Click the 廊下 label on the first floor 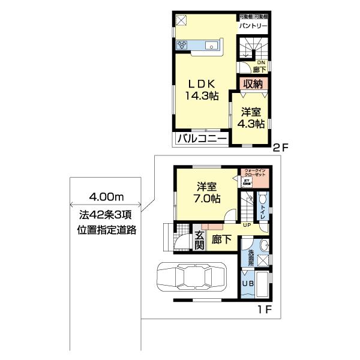pyautogui.click(x=223, y=239)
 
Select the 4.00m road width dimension pyautogui.click(x=106, y=196)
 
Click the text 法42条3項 pyautogui.click(x=105, y=214)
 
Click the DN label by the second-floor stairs pyautogui.click(x=261, y=62)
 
